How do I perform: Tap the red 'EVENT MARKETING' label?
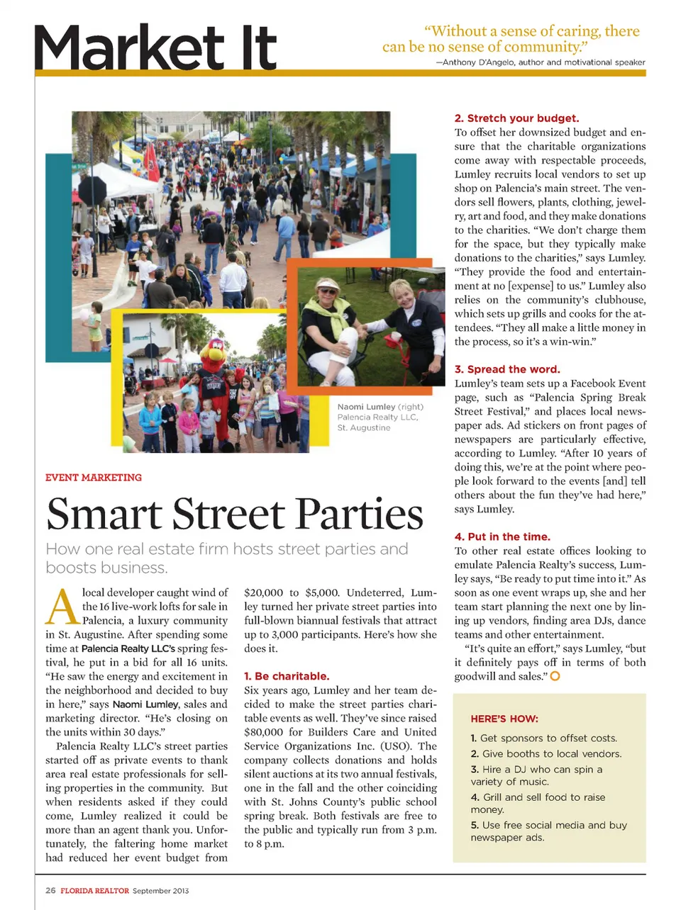94,478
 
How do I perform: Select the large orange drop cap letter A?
62,607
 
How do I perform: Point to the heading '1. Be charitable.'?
287,676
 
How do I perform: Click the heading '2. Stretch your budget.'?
516,118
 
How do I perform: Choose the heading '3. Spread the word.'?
507,369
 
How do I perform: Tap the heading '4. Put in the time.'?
502,537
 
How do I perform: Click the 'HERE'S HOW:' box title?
504,719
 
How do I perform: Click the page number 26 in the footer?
50,891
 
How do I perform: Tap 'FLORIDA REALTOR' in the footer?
94,891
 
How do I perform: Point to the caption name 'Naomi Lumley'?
366,407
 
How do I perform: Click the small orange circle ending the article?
555,676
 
